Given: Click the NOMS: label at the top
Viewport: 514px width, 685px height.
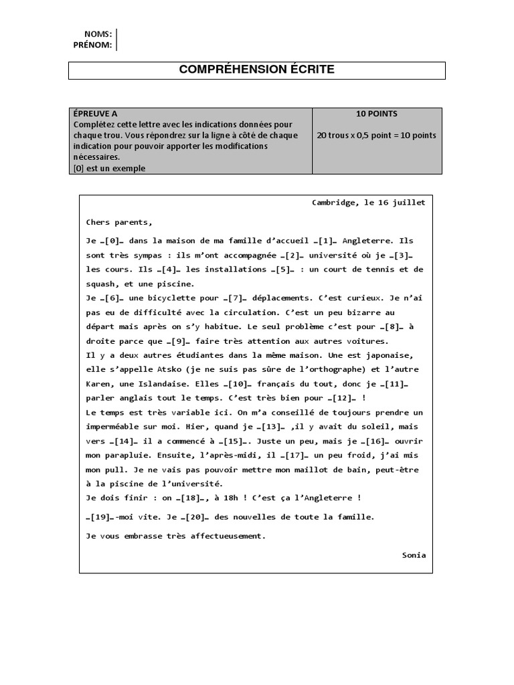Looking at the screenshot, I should pyautogui.click(x=98, y=34).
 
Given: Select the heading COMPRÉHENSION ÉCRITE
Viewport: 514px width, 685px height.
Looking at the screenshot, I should pyautogui.click(x=257, y=70).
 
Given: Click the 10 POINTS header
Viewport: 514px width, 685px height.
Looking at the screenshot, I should pyautogui.click(x=377, y=114).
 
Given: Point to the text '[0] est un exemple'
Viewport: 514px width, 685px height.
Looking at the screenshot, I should pyautogui.click(x=109, y=169).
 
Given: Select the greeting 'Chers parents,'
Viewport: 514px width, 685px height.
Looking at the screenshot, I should pyautogui.click(x=119, y=222).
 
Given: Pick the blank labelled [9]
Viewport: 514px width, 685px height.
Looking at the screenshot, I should pyautogui.click(x=173, y=341).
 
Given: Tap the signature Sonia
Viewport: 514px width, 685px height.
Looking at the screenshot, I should pyautogui.click(x=414, y=555).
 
